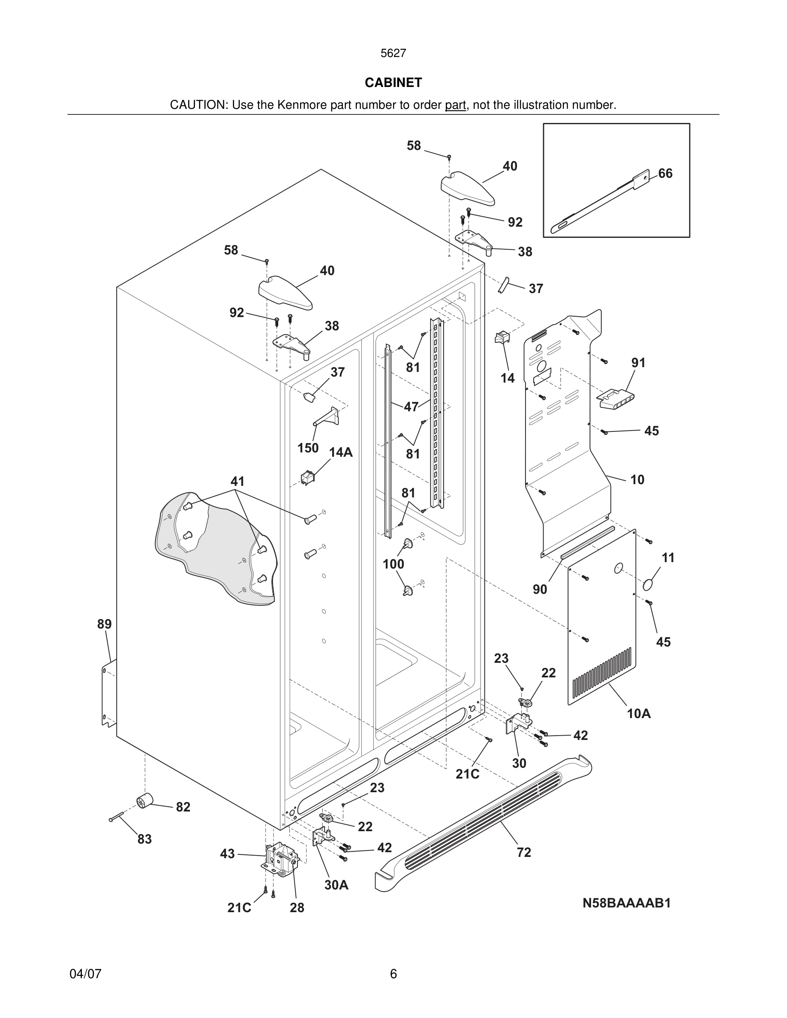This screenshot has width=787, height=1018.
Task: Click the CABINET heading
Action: (x=393, y=83)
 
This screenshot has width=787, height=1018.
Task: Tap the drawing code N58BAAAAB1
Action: (x=626, y=903)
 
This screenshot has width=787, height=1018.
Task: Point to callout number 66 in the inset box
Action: (x=665, y=174)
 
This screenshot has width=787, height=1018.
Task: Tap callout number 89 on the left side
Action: (x=105, y=624)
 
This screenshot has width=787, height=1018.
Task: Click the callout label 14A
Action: (x=341, y=452)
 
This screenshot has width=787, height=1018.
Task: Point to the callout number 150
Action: (x=308, y=448)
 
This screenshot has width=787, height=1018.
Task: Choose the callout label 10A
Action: (x=638, y=714)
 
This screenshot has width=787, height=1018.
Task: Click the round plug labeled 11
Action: (x=648, y=585)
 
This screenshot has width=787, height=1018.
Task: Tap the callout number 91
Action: (x=638, y=362)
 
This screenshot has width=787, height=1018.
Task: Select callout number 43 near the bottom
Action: (x=227, y=854)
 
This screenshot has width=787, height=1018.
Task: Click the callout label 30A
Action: (x=336, y=885)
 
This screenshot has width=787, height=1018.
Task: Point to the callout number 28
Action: (x=297, y=907)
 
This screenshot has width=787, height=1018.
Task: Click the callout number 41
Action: (x=237, y=481)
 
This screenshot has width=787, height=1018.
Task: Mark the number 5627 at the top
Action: (x=393, y=53)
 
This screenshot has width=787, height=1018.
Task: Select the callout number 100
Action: (x=393, y=564)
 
